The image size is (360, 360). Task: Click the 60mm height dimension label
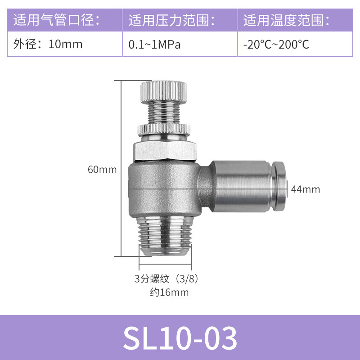[x=102, y=170]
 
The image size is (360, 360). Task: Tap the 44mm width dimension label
[x=306, y=189]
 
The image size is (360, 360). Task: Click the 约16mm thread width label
[x=169, y=292]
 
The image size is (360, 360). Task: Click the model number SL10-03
[x=180, y=338]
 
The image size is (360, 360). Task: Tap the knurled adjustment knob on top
[x=164, y=92]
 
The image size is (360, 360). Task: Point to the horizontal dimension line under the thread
[x=166, y=263]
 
